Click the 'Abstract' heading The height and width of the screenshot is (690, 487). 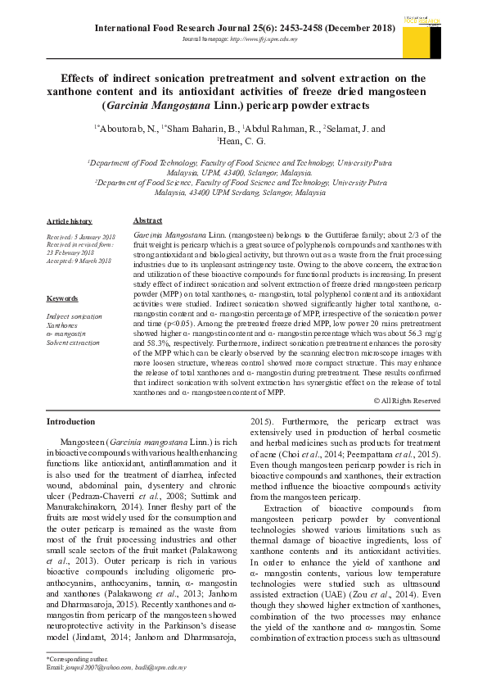147,221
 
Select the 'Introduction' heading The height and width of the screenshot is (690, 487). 70,421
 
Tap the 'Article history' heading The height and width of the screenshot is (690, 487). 70,222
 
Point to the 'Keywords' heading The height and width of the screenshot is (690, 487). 62,298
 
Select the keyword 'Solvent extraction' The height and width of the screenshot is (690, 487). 73,342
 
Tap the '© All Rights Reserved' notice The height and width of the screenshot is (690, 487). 406,401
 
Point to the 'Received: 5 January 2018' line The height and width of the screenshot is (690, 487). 80,236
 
